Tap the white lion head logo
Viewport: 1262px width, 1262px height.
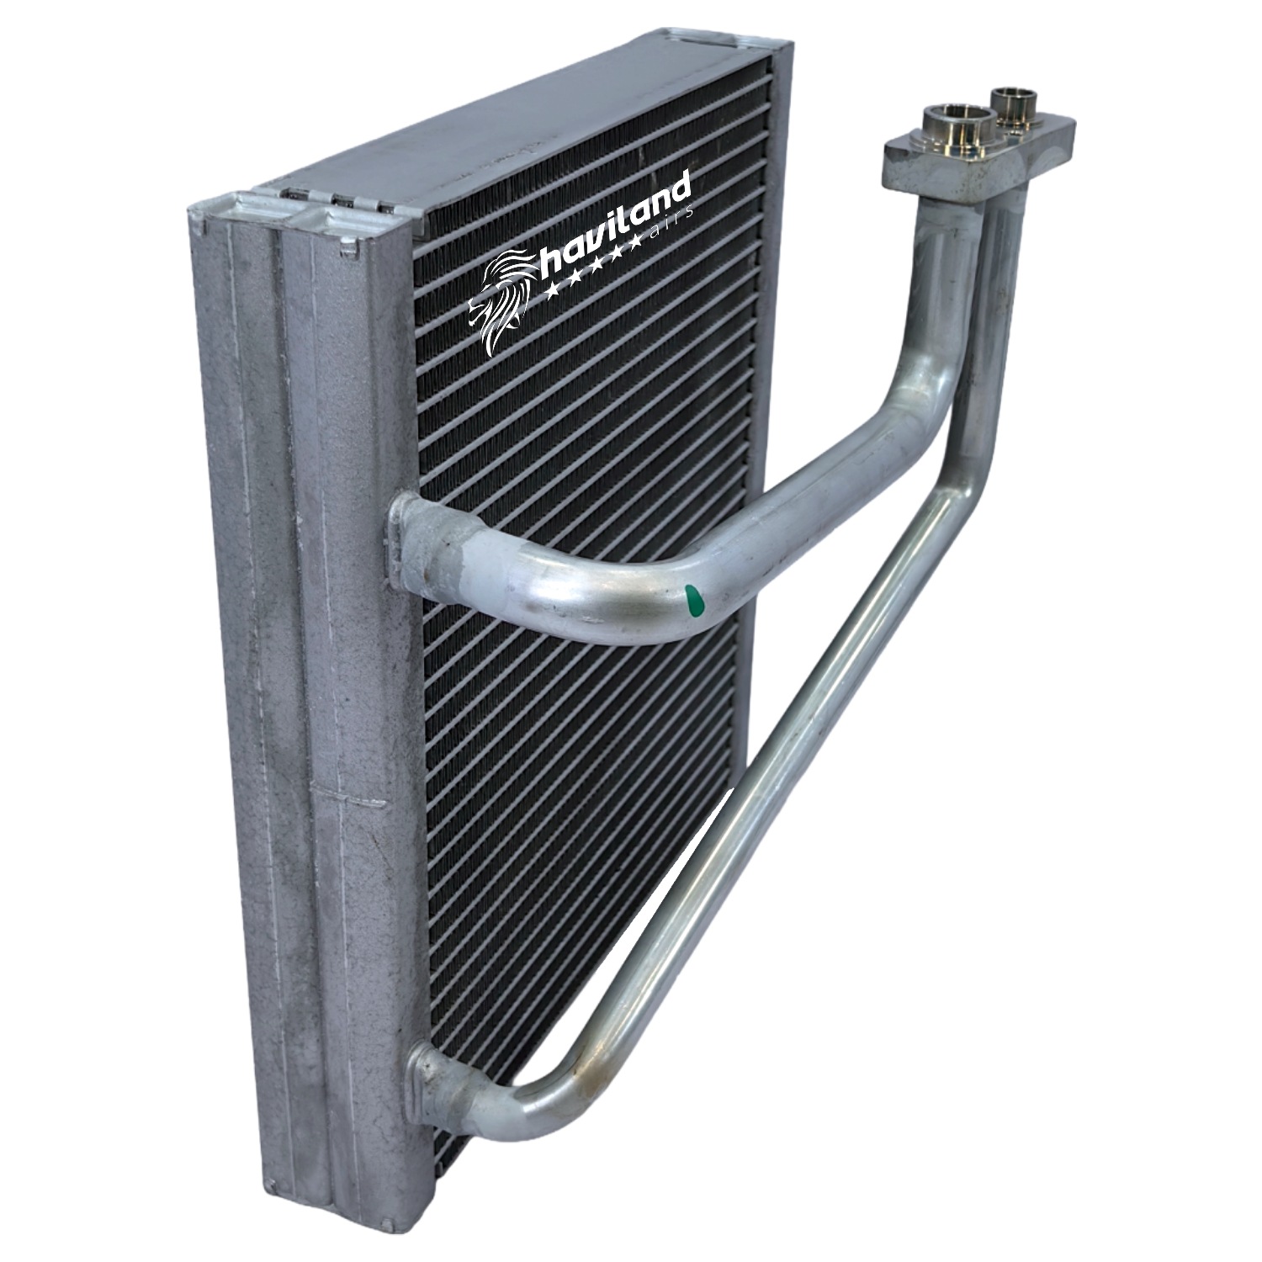coord(502,300)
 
